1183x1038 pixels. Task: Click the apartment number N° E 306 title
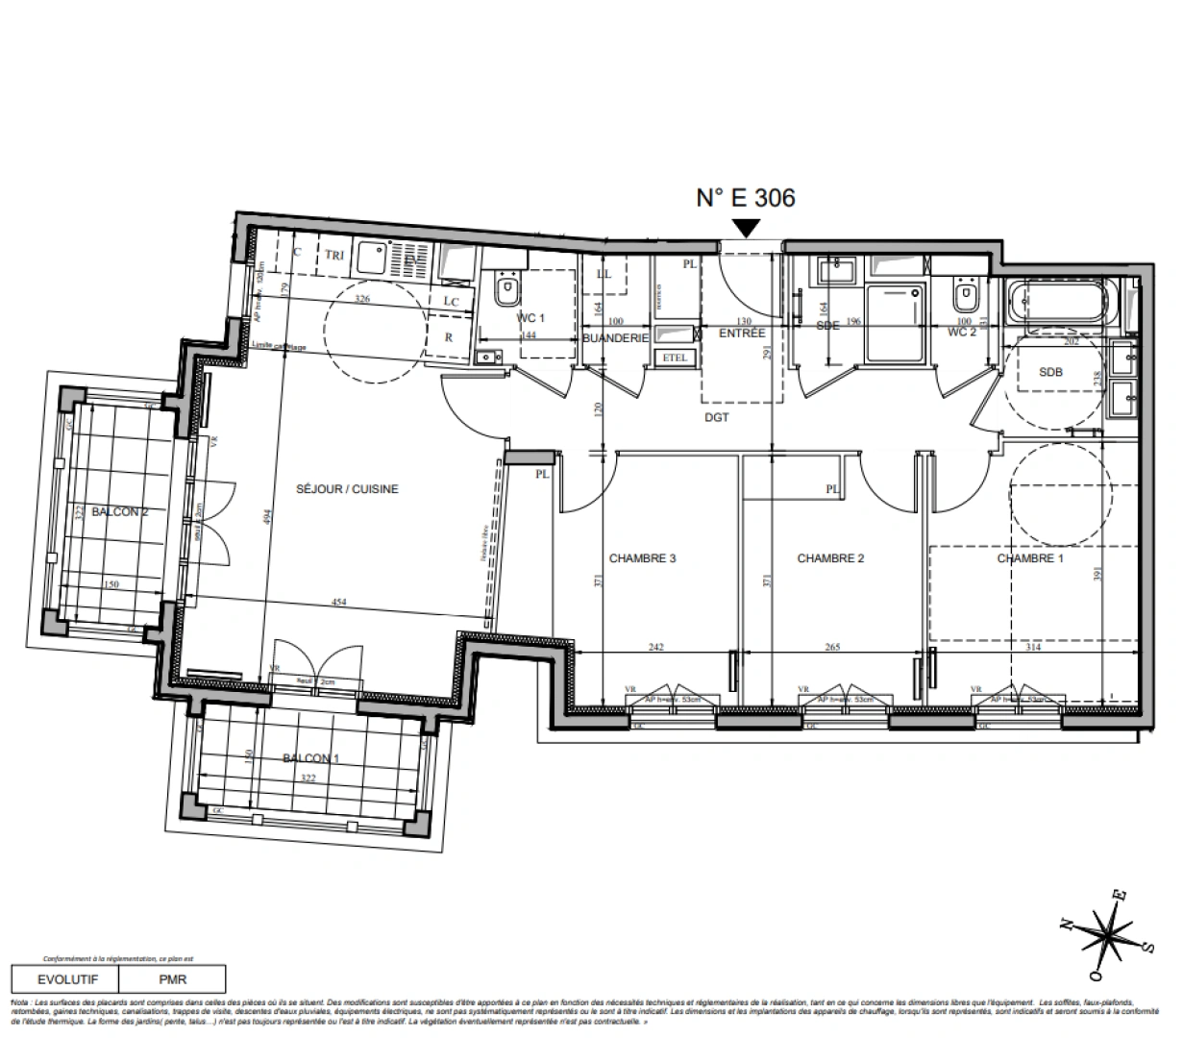[x=745, y=198]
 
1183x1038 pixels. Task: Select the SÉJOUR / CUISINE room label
[x=346, y=489]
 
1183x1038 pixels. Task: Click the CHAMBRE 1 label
[x=1029, y=558]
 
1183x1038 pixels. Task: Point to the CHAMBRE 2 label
[x=831, y=558]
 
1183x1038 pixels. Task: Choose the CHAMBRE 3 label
[x=643, y=558]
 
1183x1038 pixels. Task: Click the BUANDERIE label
[x=617, y=338]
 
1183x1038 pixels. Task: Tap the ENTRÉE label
[x=743, y=334]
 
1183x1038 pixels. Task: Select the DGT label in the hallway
[x=716, y=417]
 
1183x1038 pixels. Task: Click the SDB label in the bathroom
[x=1051, y=373]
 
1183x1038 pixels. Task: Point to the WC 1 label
[x=530, y=317]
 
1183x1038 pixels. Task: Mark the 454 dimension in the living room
[x=339, y=603]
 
